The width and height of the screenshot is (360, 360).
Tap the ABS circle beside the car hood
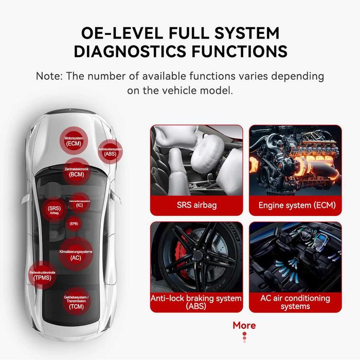(x=110, y=151)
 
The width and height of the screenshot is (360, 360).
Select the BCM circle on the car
(x=76, y=172)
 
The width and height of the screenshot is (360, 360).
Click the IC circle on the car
(x=79, y=203)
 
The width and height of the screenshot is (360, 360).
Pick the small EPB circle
(x=74, y=223)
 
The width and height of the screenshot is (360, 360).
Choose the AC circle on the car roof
(x=76, y=255)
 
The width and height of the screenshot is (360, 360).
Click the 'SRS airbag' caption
(x=196, y=205)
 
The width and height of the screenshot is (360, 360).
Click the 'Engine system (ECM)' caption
(x=297, y=205)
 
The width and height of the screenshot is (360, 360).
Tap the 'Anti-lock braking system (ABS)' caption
(x=196, y=302)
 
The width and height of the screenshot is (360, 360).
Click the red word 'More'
(x=244, y=325)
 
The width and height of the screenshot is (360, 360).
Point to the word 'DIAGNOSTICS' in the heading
(x=137, y=52)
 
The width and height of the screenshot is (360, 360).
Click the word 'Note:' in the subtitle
(x=50, y=76)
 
